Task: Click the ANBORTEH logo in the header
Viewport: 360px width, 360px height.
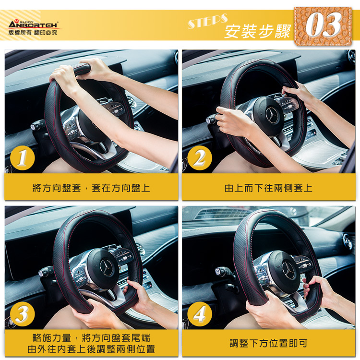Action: point(34,24)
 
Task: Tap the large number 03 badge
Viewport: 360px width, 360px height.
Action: point(323,25)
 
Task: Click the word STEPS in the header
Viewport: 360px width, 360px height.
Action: point(208,21)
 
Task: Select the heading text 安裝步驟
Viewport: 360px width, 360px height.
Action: point(258,32)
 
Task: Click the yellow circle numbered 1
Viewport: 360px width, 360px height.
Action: point(22,158)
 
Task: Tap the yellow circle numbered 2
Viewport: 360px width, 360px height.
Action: point(200,158)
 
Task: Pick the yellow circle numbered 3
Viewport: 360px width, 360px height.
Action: point(22,314)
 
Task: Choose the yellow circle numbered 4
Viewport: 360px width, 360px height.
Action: point(200,314)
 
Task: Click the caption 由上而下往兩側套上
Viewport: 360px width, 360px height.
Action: point(268,188)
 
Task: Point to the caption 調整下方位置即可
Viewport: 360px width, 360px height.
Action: point(268,344)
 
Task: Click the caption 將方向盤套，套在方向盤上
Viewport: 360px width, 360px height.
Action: point(91,188)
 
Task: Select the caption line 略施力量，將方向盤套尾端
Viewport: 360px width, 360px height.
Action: point(91,338)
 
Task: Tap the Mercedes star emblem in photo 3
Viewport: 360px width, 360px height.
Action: point(107,268)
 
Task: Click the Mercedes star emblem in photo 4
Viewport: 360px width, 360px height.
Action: point(288,270)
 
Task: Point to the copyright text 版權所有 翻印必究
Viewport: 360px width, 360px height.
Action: point(33,33)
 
